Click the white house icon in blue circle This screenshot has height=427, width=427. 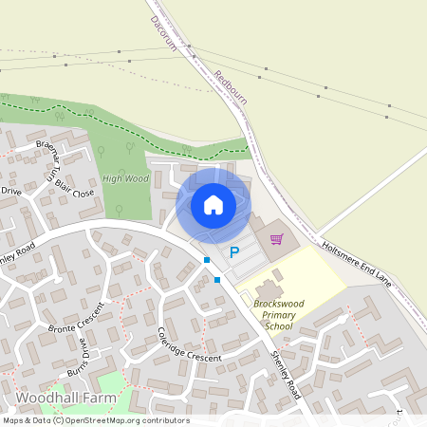[x=213, y=205]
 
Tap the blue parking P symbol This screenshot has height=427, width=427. [x=234, y=253]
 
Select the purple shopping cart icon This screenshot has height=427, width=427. [x=277, y=239]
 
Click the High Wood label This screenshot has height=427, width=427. [x=126, y=178]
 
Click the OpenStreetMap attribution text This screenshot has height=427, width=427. [x=95, y=420]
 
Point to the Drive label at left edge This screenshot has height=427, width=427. [x=10, y=192]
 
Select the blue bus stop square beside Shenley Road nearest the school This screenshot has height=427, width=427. [x=217, y=279]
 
